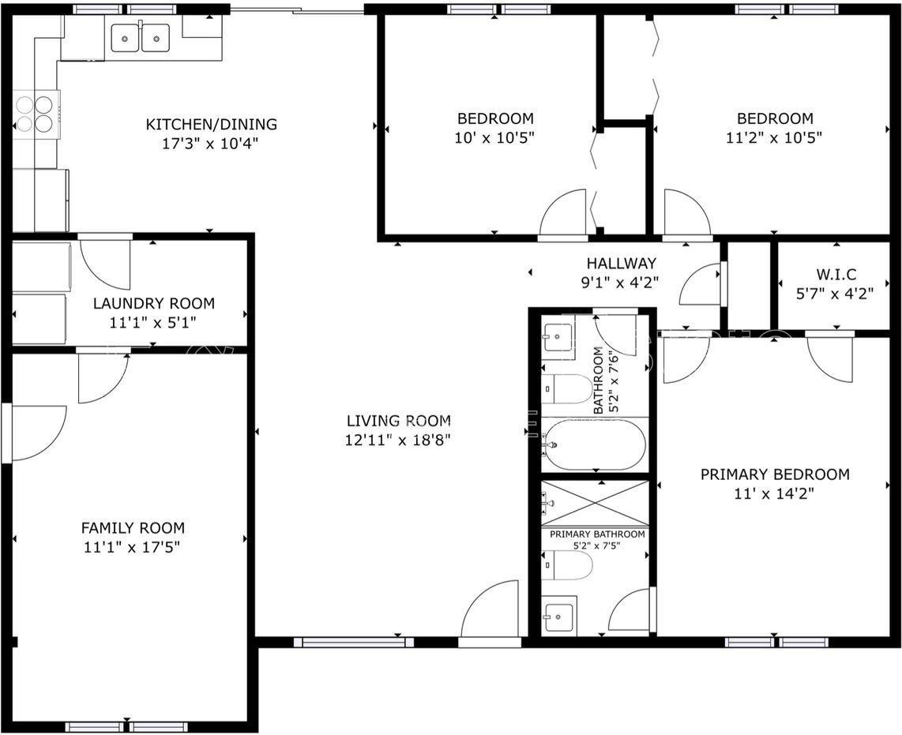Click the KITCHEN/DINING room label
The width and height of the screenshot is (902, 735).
coord(211,125)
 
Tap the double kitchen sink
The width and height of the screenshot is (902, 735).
coord(140,37)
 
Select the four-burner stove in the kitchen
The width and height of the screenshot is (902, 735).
coord(36,114)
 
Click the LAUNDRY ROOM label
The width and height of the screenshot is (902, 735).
coord(153,303)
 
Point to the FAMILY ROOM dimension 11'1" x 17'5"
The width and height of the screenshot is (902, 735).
coord(133,546)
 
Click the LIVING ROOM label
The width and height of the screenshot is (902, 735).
coord(398,421)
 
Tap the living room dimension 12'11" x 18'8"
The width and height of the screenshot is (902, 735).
coord(398,440)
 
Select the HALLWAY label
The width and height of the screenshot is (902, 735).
coord(621,264)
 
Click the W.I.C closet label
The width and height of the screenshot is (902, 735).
coord(836,276)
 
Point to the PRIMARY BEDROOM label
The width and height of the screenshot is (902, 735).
coord(775,474)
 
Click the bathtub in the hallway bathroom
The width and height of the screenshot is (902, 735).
coord(595,445)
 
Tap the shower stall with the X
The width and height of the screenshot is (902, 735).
coord(595,503)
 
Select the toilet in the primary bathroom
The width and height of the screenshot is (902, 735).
coord(569,565)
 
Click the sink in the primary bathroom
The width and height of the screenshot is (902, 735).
coord(559,614)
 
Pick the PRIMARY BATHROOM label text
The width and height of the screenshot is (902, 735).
coord(597,534)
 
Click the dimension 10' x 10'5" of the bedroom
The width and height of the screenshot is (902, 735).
coord(495,137)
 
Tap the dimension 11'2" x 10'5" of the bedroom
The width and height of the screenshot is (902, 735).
coord(775,137)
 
